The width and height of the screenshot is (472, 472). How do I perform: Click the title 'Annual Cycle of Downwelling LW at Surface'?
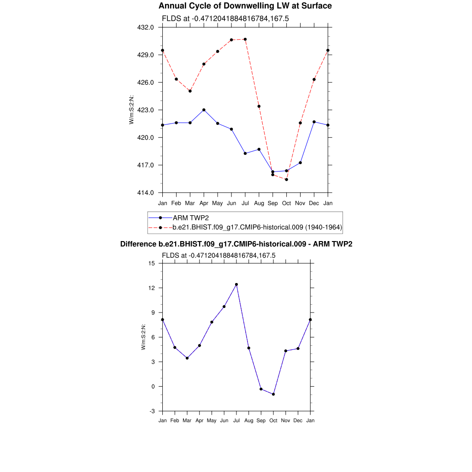(245, 6)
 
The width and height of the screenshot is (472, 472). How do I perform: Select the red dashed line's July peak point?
(245, 39)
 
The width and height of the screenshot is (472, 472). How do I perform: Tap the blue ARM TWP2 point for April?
(204, 110)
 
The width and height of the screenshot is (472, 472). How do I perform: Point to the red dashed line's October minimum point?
(287, 179)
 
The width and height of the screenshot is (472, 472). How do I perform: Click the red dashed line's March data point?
(190, 91)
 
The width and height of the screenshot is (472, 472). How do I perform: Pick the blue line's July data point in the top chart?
(245, 153)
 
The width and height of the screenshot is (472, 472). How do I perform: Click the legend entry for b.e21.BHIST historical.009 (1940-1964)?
(257, 227)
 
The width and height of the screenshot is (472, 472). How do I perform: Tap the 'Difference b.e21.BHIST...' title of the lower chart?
(236, 244)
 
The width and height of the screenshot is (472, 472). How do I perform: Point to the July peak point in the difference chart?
(236, 284)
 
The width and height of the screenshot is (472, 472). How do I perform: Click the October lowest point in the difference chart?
(273, 394)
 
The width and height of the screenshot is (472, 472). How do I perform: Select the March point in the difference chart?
(187, 358)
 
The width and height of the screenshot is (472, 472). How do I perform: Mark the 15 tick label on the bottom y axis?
(152, 263)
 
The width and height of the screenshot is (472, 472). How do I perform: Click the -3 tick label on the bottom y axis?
(152, 411)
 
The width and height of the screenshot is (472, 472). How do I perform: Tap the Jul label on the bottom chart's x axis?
(236, 420)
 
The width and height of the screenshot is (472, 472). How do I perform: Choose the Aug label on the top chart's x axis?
(259, 203)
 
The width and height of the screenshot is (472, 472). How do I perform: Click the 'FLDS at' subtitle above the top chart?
(225, 18)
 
